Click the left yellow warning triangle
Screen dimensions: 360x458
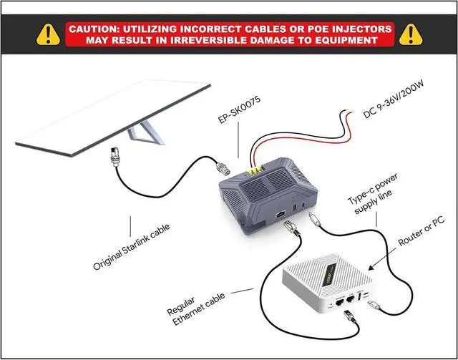(47, 33)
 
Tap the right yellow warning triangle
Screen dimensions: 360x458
(411, 33)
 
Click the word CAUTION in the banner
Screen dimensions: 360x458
(94, 29)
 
